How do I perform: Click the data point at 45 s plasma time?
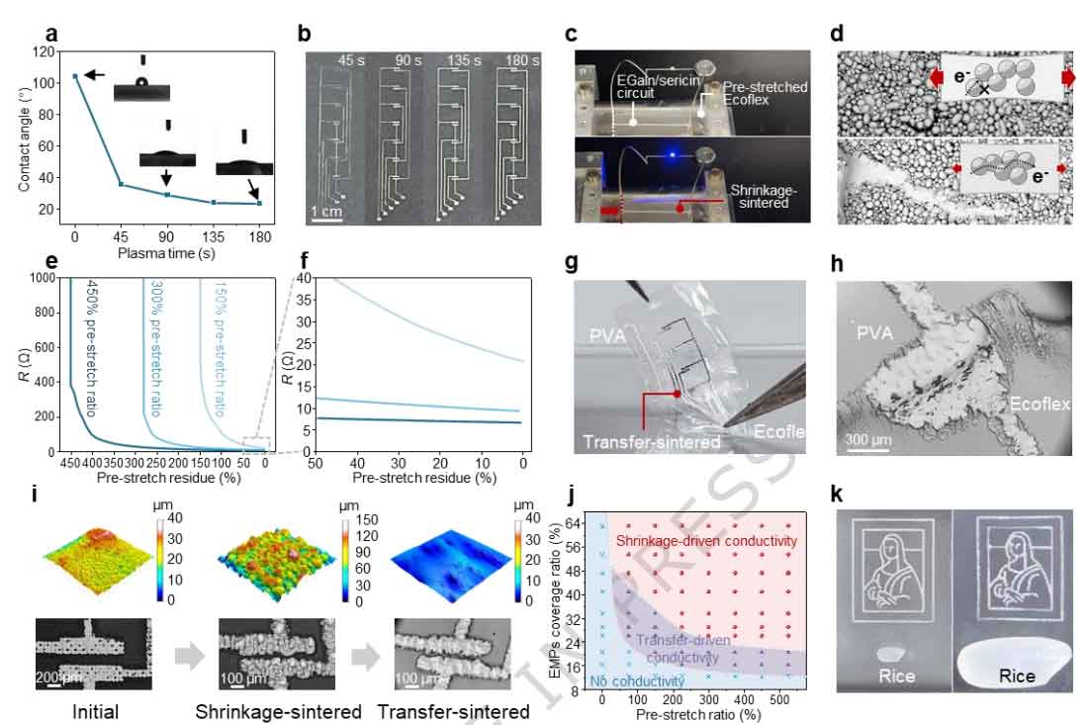[121, 184]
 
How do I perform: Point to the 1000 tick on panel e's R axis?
[43, 278]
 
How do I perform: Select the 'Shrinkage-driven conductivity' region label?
[706, 540]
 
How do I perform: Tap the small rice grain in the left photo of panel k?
[894, 653]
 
